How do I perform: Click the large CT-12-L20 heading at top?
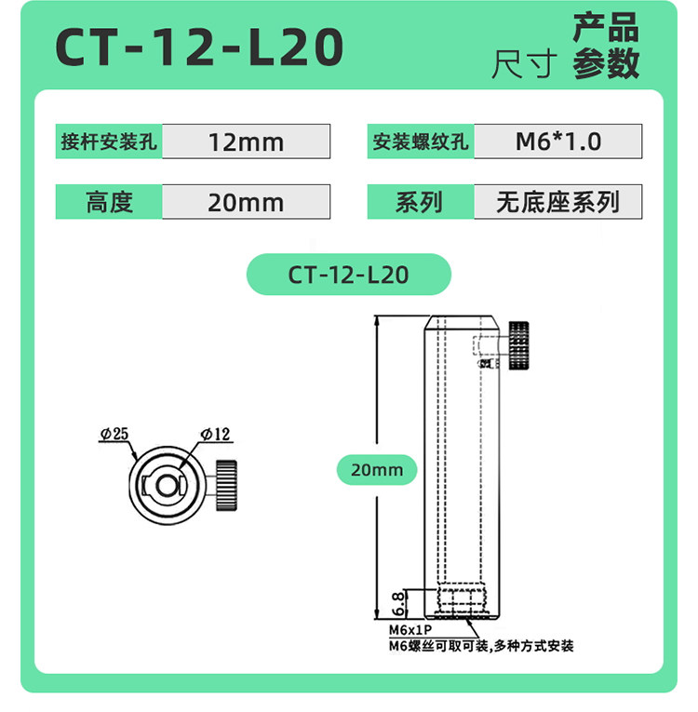199,47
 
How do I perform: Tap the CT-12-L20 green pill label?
349,275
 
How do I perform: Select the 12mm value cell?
246,141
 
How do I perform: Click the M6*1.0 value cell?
558,141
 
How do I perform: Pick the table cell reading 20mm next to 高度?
246,202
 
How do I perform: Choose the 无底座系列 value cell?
558,202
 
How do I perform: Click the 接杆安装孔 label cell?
109,141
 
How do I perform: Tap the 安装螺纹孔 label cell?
421,141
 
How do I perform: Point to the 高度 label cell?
109,202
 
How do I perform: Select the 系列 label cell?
421,202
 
